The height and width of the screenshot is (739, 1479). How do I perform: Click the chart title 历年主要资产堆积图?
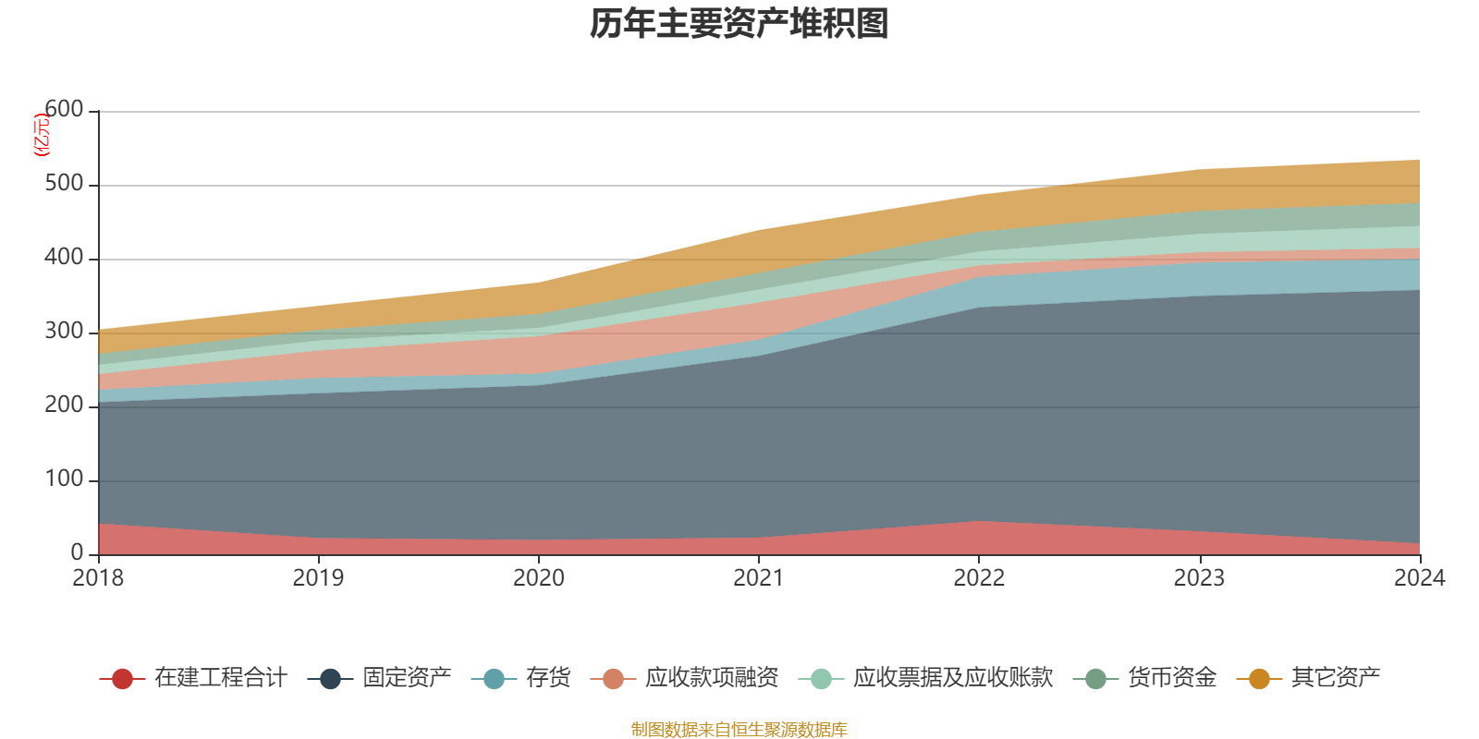tap(739, 24)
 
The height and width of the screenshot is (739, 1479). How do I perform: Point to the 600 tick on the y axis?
tap(64, 110)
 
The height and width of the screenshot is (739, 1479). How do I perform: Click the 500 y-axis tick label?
tap(64, 184)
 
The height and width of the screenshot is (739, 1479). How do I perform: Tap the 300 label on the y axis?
tap(64, 332)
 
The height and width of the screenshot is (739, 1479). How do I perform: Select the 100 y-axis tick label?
tap(64, 479)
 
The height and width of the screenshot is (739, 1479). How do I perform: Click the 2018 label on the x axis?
tap(98, 578)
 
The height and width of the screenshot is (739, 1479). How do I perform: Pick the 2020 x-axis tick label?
tap(539, 578)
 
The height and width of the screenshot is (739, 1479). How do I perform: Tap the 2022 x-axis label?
tap(979, 578)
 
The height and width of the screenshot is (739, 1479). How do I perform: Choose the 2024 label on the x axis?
tap(1419, 578)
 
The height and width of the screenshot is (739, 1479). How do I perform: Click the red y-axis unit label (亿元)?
tap(42, 136)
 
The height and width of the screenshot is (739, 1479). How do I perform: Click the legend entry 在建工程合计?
tap(220, 678)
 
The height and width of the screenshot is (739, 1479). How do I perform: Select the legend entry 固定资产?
tap(407, 678)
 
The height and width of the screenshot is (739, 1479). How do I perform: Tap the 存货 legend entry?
tap(548, 678)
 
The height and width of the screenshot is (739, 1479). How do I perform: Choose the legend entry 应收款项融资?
tap(712, 678)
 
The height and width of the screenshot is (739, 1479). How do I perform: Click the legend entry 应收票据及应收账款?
tap(952, 678)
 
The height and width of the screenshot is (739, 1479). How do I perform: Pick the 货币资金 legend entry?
tap(1172, 678)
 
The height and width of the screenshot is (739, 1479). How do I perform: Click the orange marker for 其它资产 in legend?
tap(1259, 679)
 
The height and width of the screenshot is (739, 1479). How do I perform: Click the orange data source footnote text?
tap(739, 730)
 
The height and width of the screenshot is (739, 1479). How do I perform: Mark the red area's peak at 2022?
tap(979, 522)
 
